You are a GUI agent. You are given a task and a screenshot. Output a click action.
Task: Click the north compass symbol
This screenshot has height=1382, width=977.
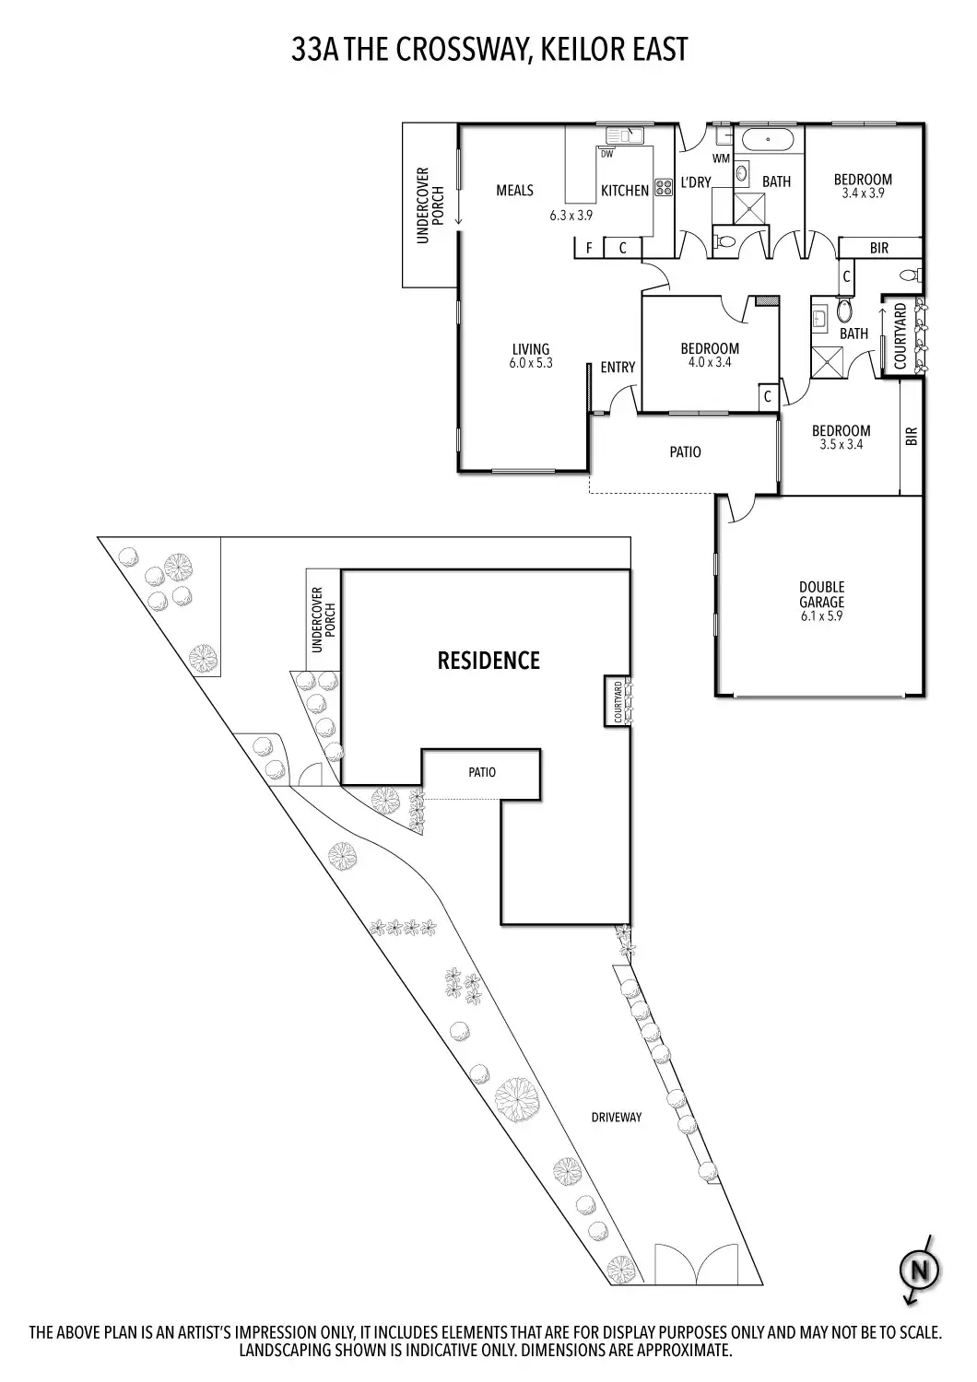[920, 1270]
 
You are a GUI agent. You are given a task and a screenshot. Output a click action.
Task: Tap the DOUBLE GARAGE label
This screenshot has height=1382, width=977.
[821, 594]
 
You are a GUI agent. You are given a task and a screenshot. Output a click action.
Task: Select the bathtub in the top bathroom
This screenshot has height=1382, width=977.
[768, 139]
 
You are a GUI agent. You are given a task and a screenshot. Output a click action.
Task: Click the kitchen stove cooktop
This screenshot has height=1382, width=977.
[664, 188]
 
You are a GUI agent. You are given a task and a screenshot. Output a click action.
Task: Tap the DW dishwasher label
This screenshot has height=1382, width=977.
[607, 154]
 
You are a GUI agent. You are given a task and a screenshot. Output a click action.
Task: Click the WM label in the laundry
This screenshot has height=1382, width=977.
[721, 158]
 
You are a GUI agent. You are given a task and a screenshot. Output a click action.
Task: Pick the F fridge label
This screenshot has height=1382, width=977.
[589, 248]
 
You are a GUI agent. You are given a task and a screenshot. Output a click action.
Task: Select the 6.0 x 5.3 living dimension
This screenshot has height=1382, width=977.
[531, 363]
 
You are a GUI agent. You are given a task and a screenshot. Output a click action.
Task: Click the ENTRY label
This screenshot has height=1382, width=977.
[618, 367]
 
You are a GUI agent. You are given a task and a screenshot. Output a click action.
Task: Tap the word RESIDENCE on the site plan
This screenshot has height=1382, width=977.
[488, 661]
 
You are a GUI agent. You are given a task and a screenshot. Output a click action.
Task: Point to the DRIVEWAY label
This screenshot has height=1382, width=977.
[616, 1118]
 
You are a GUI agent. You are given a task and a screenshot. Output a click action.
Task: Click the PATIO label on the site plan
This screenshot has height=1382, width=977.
[482, 772]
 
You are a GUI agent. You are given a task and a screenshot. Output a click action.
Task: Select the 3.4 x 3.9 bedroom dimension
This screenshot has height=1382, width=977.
[863, 193]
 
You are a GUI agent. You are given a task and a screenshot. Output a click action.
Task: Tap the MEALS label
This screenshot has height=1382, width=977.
[514, 190]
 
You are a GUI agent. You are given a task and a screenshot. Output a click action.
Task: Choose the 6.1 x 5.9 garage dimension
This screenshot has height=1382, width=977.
[821, 615]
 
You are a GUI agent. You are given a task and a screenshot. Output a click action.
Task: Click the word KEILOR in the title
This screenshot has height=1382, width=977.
[579, 50]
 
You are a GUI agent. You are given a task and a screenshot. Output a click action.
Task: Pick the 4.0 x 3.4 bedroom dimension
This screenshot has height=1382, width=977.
[710, 362]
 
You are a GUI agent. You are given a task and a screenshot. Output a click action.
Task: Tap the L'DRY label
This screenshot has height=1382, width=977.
[696, 182]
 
